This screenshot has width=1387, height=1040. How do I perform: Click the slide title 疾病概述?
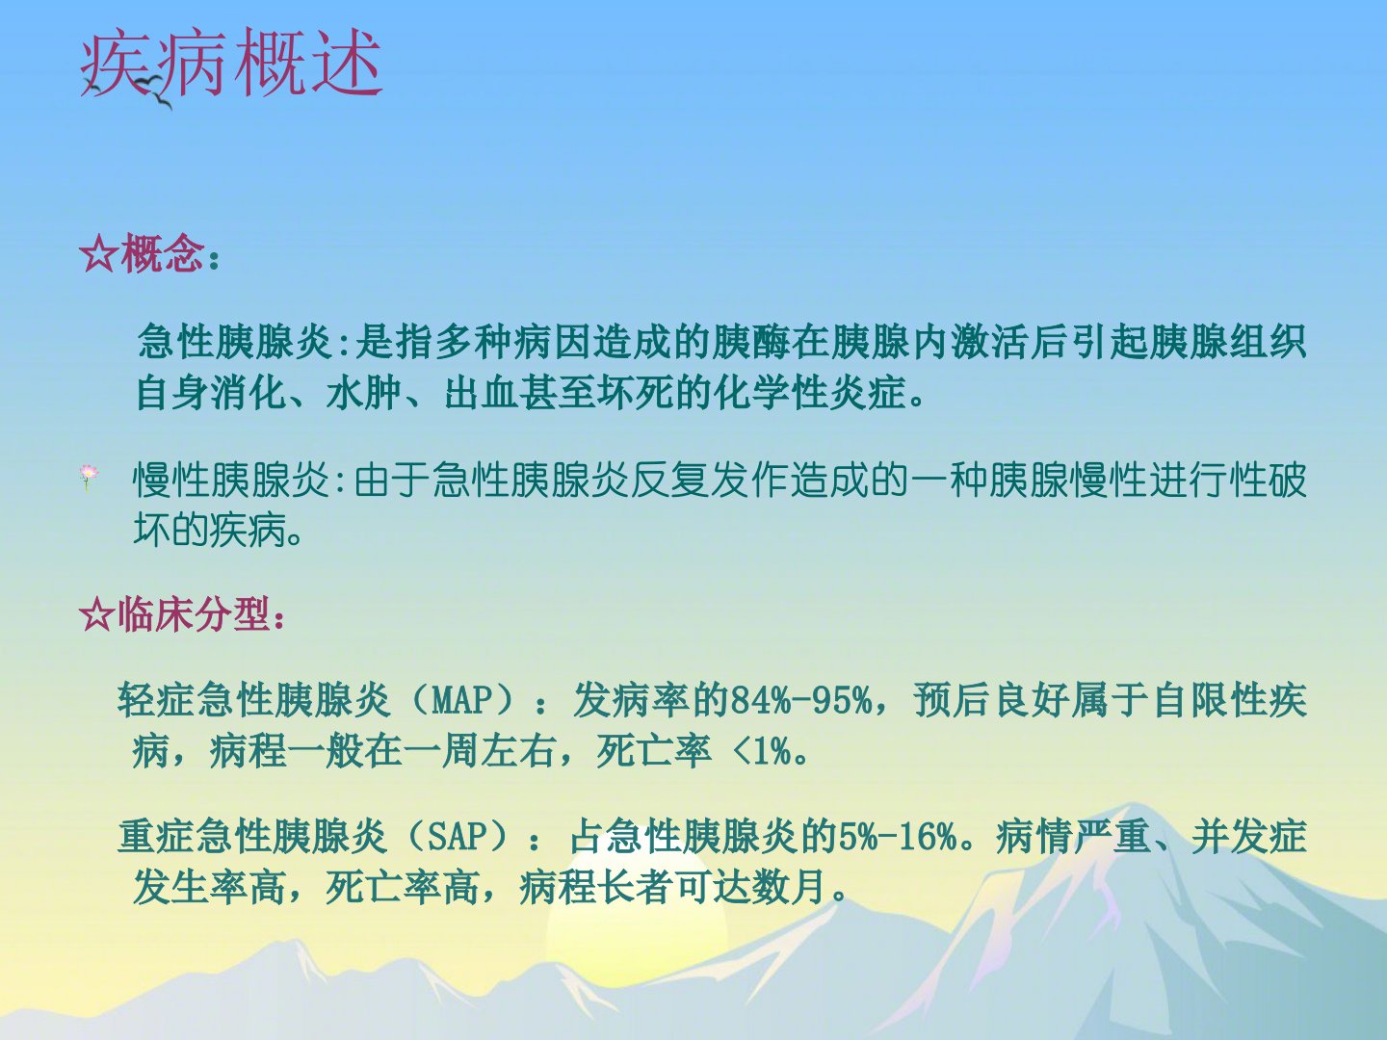(x=231, y=64)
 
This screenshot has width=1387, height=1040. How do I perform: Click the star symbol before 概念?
(x=98, y=254)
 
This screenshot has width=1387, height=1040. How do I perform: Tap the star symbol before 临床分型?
(x=97, y=613)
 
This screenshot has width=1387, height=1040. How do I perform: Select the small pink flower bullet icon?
(x=88, y=476)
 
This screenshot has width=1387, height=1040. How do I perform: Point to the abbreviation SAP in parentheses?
(x=458, y=836)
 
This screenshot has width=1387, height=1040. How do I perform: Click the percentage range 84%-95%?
(x=800, y=700)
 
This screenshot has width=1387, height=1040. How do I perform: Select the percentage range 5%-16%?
(x=897, y=836)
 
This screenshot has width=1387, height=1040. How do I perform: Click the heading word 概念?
(x=163, y=254)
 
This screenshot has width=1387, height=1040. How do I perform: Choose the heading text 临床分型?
(x=194, y=613)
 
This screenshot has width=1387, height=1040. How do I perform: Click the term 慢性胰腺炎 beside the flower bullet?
(x=231, y=480)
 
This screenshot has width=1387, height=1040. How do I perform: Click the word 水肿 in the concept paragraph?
(x=364, y=393)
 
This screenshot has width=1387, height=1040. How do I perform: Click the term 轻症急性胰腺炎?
(x=253, y=700)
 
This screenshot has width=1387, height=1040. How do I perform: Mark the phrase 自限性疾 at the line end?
(x=1230, y=700)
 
